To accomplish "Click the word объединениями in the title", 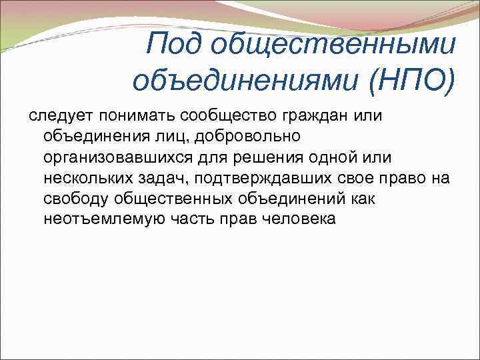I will (x=244, y=81).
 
